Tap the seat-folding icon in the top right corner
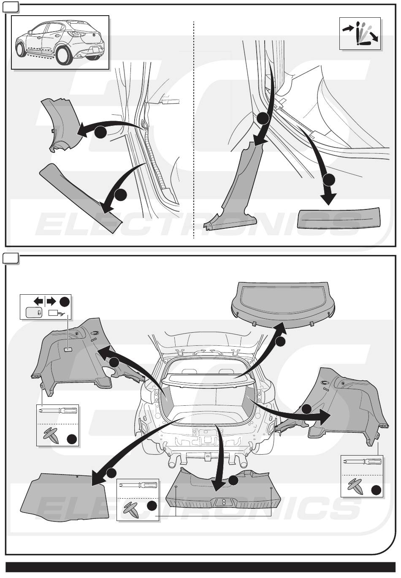click(360, 34)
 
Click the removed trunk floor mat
click(65, 496)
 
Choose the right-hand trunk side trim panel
click(346, 405)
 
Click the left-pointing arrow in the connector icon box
click(38, 301)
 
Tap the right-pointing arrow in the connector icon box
click(51, 301)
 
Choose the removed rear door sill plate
click(340, 217)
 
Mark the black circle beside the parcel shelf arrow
click(281, 342)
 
